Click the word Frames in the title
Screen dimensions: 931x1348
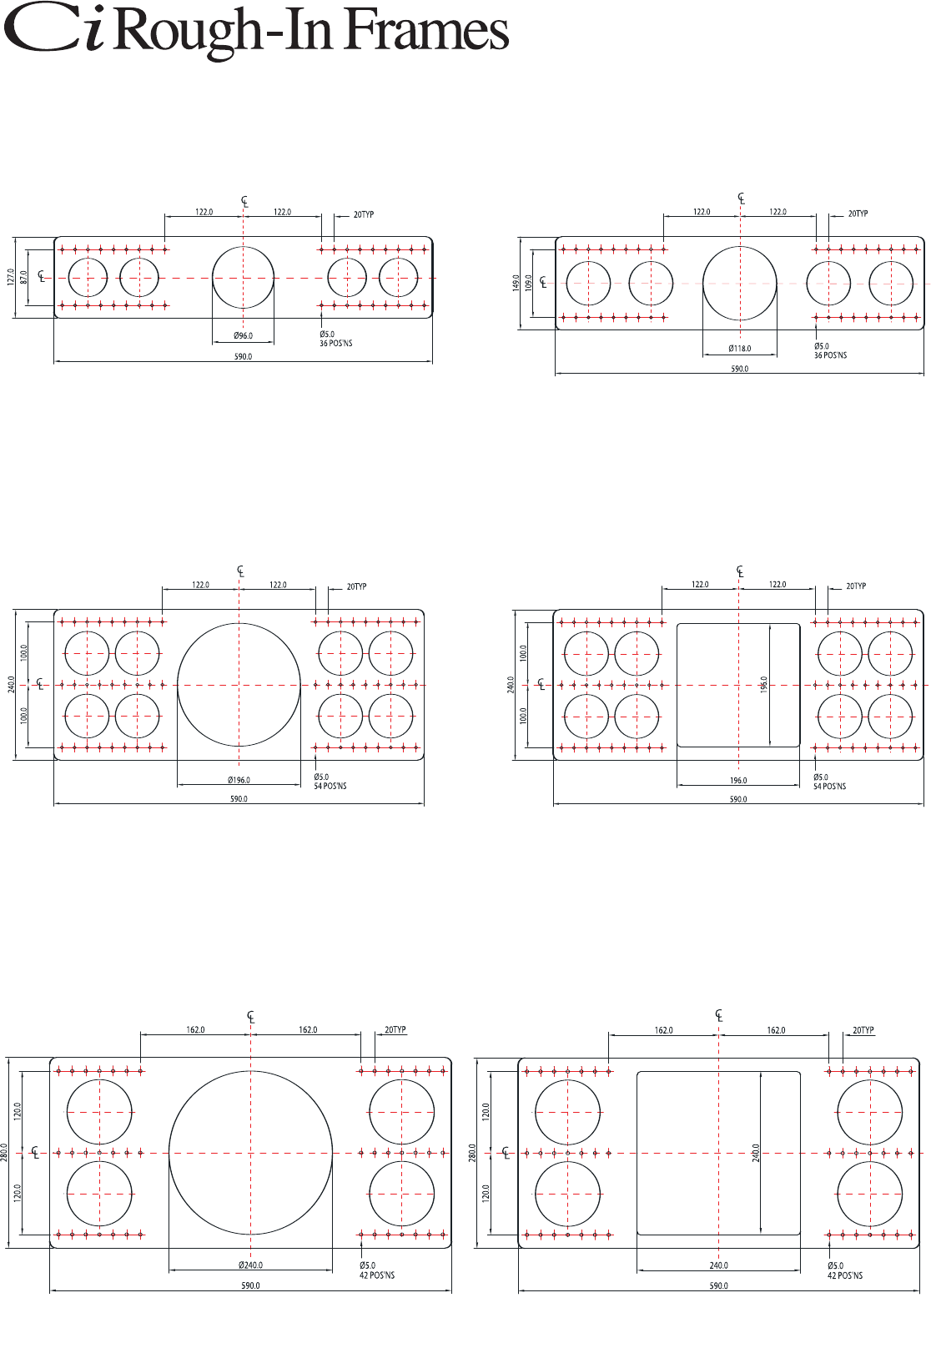point(427,30)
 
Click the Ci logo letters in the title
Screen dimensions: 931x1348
point(53,29)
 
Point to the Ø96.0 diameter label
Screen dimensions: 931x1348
point(243,336)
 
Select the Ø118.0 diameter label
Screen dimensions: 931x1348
point(740,349)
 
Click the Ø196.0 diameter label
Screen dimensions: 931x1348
point(239,780)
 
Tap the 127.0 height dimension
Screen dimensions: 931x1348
point(11,278)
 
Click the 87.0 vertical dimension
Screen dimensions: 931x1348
point(23,278)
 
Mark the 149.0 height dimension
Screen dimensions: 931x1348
point(516,283)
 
